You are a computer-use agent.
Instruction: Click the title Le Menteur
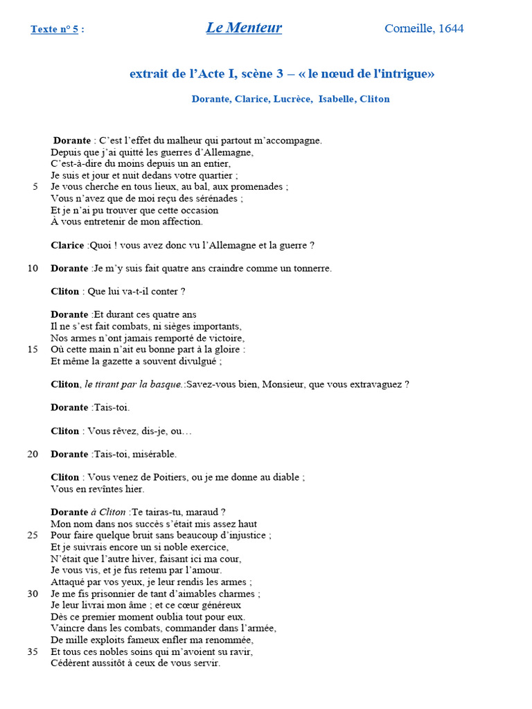[x=244, y=28]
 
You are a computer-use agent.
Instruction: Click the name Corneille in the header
[x=409, y=28]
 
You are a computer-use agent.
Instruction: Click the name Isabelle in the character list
[x=336, y=99]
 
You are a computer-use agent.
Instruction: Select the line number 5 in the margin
[x=35, y=186]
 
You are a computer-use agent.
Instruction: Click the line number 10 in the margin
[x=33, y=268]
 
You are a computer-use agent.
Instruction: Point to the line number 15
[x=33, y=350]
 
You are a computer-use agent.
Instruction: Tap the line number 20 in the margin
[x=33, y=454]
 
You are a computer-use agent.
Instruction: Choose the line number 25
[x=33, y=535]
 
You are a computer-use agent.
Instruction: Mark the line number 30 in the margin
[x=33, y=594]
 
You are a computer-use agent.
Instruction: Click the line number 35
[x=33, y=652]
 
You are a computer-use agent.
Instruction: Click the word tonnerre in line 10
[x=310, y=268]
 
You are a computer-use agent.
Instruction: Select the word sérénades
[x=218, y=198]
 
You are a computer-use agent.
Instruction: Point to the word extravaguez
[x=377, y=384]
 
